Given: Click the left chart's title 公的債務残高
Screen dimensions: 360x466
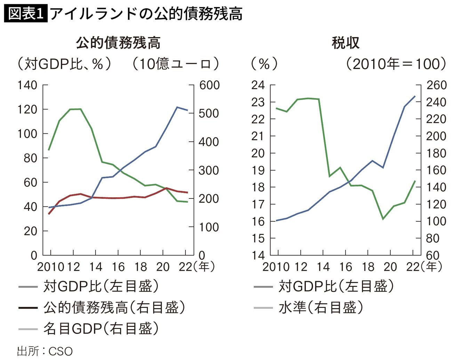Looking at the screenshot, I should tap(118, 43).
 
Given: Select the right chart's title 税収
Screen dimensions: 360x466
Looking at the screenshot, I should tap(345, 43).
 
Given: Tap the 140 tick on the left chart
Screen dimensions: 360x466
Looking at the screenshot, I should tap(27, 85).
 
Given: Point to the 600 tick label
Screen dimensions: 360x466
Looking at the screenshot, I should tap(209, 85).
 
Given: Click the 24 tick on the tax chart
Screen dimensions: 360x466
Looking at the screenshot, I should tap(258, 85).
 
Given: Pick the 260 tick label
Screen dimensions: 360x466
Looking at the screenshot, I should tap(436, 85).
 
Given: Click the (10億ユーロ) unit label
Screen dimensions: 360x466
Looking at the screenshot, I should tap(176, 64).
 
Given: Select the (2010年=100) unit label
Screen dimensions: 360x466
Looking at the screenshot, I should tap(396, 64).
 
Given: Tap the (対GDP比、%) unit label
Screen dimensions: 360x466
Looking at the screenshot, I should tap(64, 64).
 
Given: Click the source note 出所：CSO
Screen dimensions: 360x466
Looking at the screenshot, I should tap(45, 351).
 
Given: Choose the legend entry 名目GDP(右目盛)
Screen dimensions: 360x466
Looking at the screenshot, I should tap(101, 328).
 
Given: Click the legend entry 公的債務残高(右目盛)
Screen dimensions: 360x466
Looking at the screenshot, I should tap(114, 308).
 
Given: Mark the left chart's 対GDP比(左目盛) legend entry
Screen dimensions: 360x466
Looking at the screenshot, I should tap(101, 286).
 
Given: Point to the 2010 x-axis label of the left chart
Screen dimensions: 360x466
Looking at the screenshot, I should tap(51, 267).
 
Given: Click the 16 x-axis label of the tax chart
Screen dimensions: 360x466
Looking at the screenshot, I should tap(345, 267).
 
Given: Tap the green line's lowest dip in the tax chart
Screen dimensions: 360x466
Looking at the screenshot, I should tap(383, 219).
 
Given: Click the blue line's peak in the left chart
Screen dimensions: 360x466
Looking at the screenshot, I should tap(177, 107).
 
